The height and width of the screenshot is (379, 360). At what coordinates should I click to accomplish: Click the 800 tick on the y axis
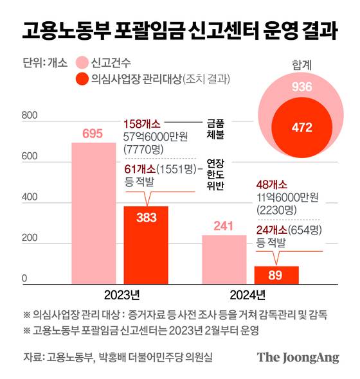point(30,116)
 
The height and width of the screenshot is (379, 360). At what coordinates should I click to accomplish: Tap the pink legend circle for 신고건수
point(81,63)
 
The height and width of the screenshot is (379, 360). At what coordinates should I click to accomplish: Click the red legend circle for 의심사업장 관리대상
point(81,80)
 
